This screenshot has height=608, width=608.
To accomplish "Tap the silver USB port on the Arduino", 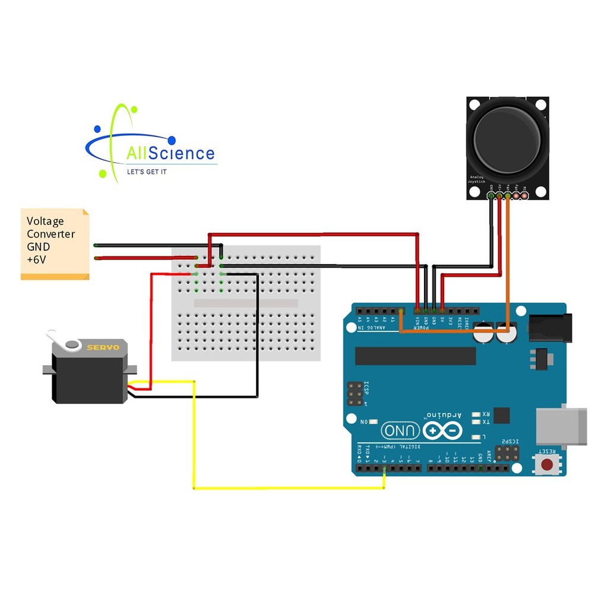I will (560, 426).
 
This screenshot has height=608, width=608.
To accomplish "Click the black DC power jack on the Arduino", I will (550, 328).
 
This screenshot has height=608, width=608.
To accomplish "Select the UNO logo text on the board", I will (400, 430).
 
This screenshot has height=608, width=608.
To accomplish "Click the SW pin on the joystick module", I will (524, 195).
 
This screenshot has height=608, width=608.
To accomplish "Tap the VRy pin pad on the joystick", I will (516, 195).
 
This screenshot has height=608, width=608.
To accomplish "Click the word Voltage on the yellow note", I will (45, 221).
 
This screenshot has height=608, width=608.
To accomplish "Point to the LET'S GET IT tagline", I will (147, 172).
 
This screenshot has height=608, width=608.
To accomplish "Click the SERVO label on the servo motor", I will (103, 347).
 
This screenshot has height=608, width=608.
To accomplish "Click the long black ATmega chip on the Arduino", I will (415, 356).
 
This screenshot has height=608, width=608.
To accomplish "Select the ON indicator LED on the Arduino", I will (373, 422).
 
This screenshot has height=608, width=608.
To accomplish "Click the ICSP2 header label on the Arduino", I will (508, 442).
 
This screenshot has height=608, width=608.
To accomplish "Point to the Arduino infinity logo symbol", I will (442, 430).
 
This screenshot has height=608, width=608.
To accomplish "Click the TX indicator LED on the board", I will (476, 422).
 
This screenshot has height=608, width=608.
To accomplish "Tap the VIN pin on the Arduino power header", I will (417, 311).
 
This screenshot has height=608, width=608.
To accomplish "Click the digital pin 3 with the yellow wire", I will (384, 469).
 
